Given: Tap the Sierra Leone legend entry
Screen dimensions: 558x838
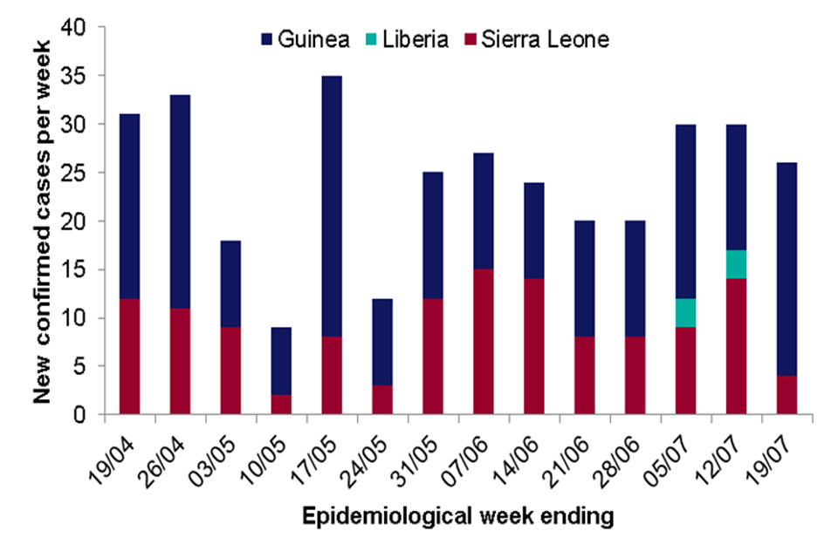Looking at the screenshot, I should [537, 39].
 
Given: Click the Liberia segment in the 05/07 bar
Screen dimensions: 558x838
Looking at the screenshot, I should [685, 313].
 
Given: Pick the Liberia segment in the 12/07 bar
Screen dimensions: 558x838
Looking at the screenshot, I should [736, 264].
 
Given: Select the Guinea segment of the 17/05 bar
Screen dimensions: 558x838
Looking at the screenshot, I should [332, 207].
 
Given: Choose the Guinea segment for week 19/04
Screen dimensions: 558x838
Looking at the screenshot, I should [129, 206].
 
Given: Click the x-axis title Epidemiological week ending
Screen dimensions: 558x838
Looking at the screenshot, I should [457, 516].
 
